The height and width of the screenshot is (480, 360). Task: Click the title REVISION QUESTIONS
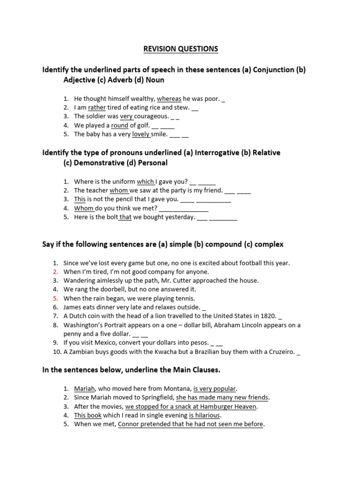(x=180, y=49)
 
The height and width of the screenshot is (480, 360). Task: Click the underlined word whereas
(x=169, y=99)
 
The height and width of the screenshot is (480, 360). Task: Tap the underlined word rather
(x=97, y=107)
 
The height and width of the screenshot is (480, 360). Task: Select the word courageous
(x=151, y=116)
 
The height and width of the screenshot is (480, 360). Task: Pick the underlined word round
(x=120, y=125)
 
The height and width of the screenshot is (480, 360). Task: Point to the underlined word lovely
(x=141, y=134)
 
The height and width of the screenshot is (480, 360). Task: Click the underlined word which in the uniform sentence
(x=145, y=181)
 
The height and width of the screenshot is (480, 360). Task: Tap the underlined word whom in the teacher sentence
(x=119, y=190)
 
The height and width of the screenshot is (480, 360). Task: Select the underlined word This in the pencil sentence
(x=80, y=199)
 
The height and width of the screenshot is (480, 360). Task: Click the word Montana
(x=174, y=389)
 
